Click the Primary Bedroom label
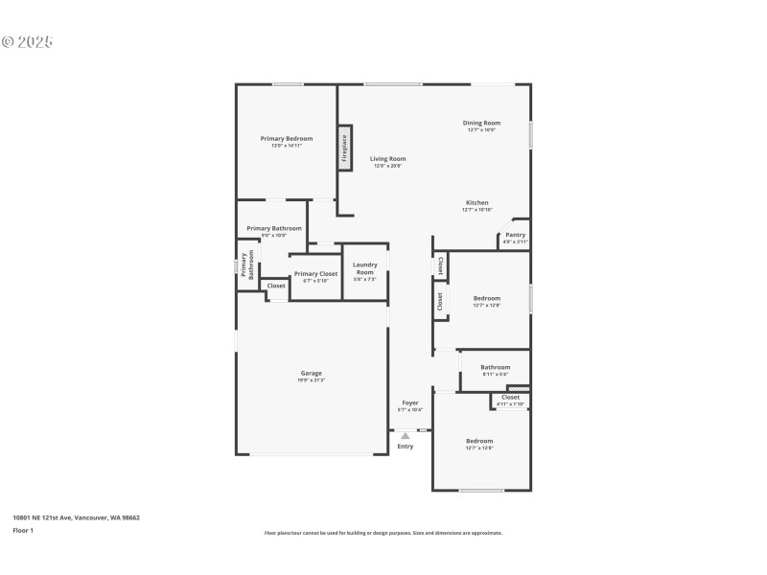[x=287, y=139]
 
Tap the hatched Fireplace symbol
[x=344, y=149]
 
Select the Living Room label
[x=388, y=159]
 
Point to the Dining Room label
[x=481, y=123]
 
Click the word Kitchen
[x=477, y=203]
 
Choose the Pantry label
[x=516, y=235]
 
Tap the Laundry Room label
[x=364, y=268]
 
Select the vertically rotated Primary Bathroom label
[x=247, y=265]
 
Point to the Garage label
[x=312, y=373]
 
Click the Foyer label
[x=410, y=402]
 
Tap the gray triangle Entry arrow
[x=406, y=436]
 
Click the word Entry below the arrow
[x=406, y=446]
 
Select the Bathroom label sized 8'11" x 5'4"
[x=496, y=367]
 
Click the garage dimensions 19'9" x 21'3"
[x=312, y=380]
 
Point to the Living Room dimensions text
[x=388, y=166]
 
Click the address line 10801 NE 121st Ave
[x=76, y=517]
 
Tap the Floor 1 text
[x=23, y=530]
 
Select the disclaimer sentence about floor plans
[x=383, y=533]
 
